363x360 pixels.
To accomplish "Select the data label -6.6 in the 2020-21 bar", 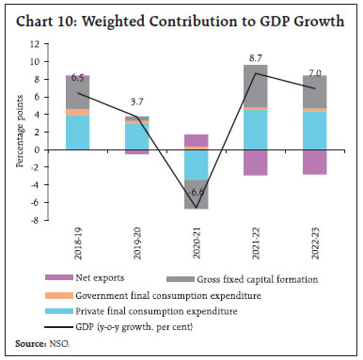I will pos(196,192).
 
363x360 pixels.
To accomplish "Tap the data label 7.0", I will pos(314,72).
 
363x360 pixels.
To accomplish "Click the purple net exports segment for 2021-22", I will pos(255,162).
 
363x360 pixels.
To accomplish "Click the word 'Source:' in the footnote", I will pos(29,345).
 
